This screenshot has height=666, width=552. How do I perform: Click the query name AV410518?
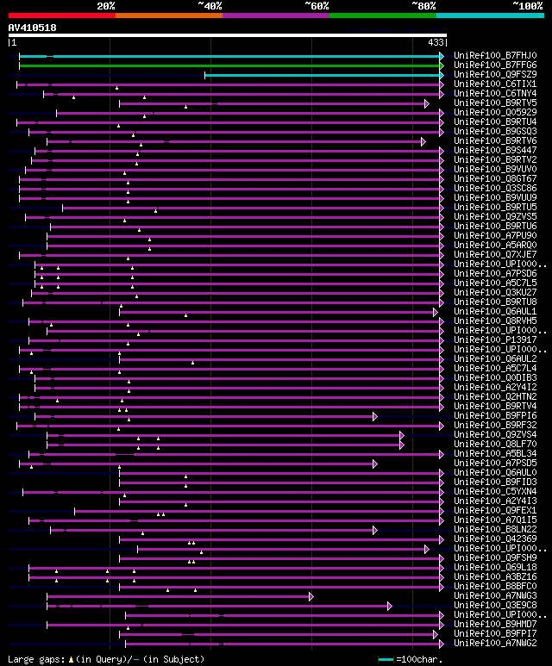pos(33,28)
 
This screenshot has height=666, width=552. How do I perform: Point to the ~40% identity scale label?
pos(210,6)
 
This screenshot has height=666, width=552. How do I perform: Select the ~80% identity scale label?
pos(423,6)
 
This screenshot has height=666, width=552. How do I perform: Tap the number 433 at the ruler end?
pos(436,42)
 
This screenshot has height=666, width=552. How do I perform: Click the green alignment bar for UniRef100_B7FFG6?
pos(229,65)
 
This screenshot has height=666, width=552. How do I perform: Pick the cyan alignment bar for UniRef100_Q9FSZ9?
pos(323,75)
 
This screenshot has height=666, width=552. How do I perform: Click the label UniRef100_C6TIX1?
pos(495,84)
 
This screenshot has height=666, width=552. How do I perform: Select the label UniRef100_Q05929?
pos(495,113)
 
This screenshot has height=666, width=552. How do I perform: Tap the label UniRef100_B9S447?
pos(495,151)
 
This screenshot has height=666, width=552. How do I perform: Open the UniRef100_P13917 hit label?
pos(495,340)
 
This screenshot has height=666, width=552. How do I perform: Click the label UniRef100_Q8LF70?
pos(495,445)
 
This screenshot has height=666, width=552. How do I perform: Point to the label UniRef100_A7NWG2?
pos(495,644)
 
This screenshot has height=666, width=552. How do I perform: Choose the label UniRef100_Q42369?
pos(495,539)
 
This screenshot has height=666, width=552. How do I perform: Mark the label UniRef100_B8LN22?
pos(495,530)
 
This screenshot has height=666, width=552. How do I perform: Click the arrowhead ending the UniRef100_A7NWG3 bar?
pos(310,596)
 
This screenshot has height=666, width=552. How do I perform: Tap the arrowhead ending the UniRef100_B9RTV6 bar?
pos(423,141)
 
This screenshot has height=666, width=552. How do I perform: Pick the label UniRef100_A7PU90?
pos(495,236)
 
